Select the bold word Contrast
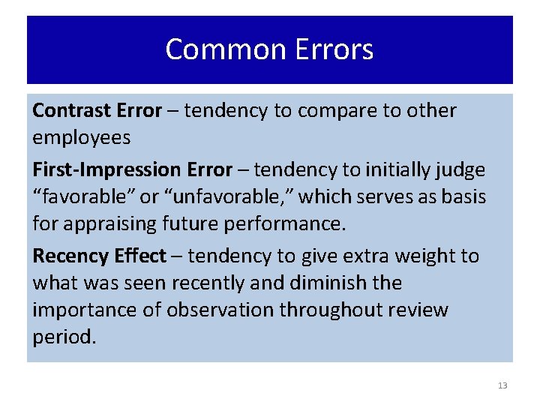pyautogui.click(x=72, y=111)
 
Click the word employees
pyautogui.click(x=81, y=138)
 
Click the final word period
pyautogui.click(x=64, y=337)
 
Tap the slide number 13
pyautogui.click(x=502, y=385)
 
